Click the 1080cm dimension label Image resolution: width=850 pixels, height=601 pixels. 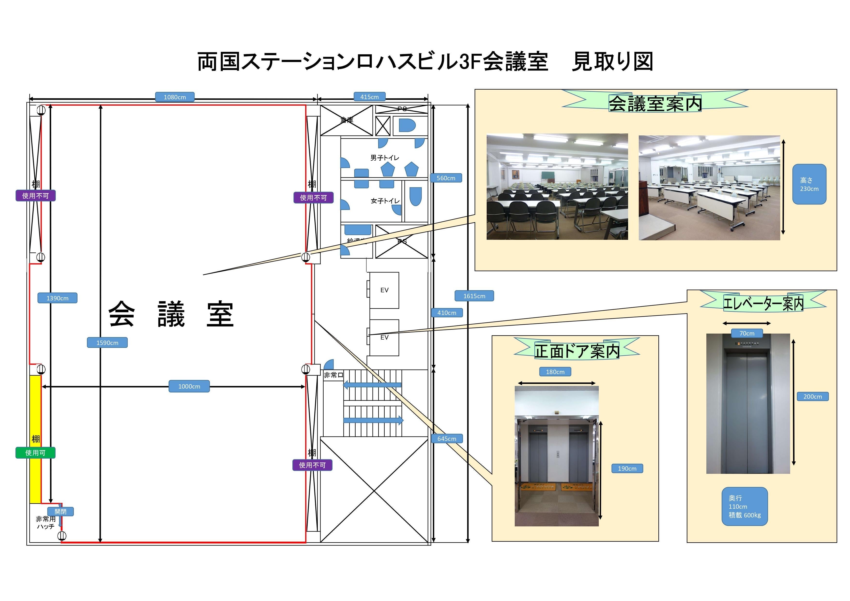pos(174,97)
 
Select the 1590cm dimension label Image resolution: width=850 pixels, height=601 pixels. pos(107,343)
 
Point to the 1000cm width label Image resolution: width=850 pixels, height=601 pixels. pos(189,386)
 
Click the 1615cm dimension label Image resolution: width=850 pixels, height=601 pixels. pos(474,296)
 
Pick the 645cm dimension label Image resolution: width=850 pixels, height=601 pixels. pos(447,438)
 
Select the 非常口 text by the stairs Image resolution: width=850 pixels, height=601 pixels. pos(334,375)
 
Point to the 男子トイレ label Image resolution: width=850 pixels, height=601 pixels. pos(385,158)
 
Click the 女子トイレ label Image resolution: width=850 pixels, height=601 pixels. pos(385,201)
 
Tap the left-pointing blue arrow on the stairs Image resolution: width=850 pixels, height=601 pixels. pos(372,385)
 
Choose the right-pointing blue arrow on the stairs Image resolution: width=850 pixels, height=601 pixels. pos(373,420)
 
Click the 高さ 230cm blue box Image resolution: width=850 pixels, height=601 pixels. pos(809,184)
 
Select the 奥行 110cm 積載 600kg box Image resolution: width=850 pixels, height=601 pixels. pos(744,506)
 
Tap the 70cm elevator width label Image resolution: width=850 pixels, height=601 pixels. pos(747,333)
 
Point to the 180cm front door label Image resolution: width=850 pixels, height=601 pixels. pos(555,372)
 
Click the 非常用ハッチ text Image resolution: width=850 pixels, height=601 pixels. pos(46,523)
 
